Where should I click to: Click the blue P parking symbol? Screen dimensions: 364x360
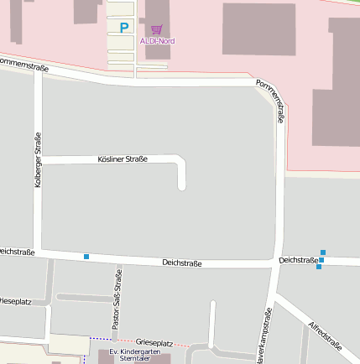point(124,28)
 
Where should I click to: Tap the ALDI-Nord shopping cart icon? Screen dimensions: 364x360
point(157,29)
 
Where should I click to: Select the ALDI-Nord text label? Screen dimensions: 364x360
point(158,40)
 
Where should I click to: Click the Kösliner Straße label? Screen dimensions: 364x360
point(123,159)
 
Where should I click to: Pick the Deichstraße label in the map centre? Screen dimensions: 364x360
point(182,263)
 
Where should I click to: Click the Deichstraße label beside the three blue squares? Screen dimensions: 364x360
point(298,260)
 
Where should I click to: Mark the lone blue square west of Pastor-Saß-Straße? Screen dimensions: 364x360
point(86,256)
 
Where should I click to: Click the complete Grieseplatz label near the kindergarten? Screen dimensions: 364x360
point(154,343)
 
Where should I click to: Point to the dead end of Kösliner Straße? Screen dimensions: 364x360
point(182,186)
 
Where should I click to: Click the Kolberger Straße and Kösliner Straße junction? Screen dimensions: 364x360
point(38,159)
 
